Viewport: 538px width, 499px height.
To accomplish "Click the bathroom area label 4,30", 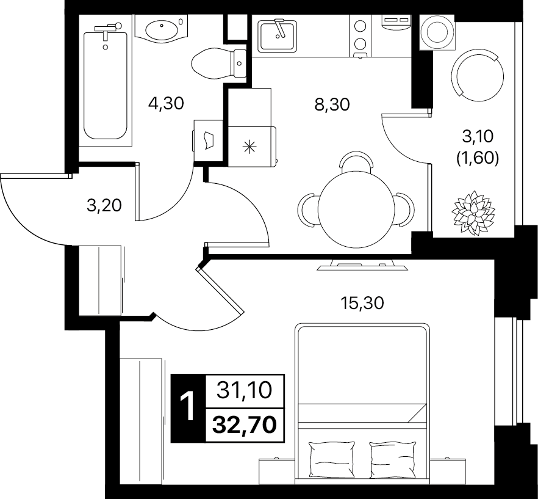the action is coord(166,103).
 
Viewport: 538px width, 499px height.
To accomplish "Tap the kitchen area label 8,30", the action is coord(332,104).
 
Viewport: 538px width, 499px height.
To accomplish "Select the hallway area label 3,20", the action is coord(104,205).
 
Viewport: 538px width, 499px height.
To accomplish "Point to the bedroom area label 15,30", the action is coord(362,303).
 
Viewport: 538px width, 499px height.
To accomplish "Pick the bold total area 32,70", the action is coord(245,424).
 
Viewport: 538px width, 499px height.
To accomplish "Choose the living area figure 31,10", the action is coord(244,390).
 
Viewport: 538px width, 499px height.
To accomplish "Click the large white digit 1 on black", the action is coord(187,407).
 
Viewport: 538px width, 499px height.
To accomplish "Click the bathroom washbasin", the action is coord(162,29).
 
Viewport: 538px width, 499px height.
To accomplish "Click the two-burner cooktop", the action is coord(360,36).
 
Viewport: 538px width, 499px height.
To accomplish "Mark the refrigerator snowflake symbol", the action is coord(249,147).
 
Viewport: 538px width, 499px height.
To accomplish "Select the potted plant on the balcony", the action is coord(473,213).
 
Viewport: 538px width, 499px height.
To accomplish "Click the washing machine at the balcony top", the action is coord(437,32).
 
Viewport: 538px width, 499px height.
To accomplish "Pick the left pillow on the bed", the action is coord(332,460).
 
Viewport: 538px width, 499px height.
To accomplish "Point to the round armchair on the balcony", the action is coord(478,75).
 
